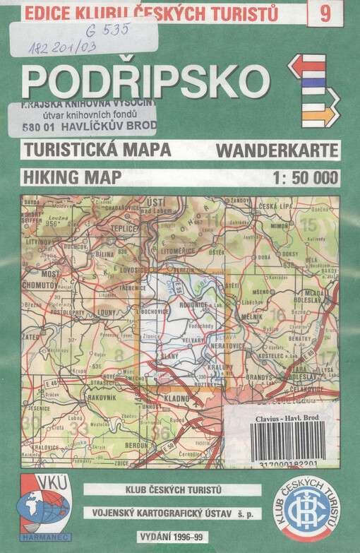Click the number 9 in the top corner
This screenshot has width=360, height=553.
(x=325, y=13)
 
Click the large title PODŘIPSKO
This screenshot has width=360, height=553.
(x=145, y=81)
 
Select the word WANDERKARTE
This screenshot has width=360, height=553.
(x=277, y=150)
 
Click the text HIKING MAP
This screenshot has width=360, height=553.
(x=71, y=177)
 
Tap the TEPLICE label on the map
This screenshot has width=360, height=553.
(x=121, y=230)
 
